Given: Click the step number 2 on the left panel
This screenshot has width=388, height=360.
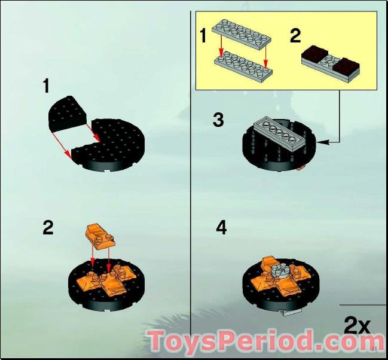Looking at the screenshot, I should [x=48, y=228].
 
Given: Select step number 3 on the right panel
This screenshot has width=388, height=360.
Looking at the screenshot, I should [x=218, y=120].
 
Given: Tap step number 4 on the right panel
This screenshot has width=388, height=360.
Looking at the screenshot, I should [x=221, y=228].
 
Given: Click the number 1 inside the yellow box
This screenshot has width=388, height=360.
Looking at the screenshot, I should [x=203, y=36].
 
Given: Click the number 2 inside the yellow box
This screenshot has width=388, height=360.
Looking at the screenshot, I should [x=295, y=36].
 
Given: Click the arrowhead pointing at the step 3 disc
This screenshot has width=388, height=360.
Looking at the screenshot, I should [x=323, y=142].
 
